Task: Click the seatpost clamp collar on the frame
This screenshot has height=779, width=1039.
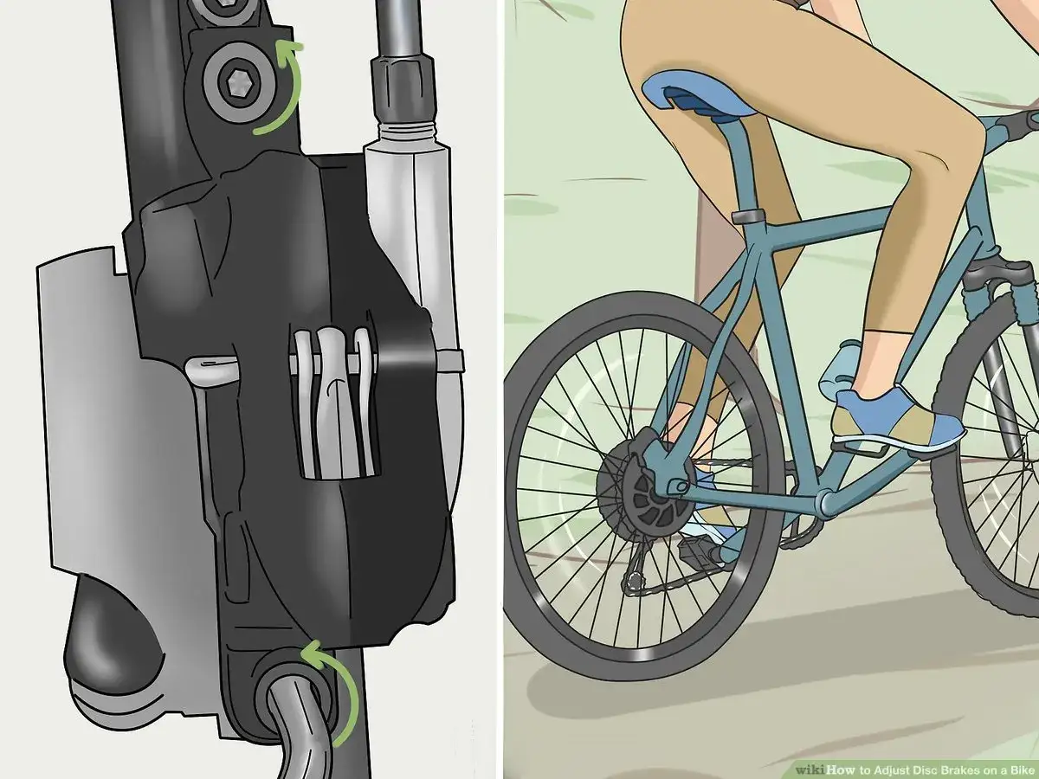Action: (748, 217)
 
